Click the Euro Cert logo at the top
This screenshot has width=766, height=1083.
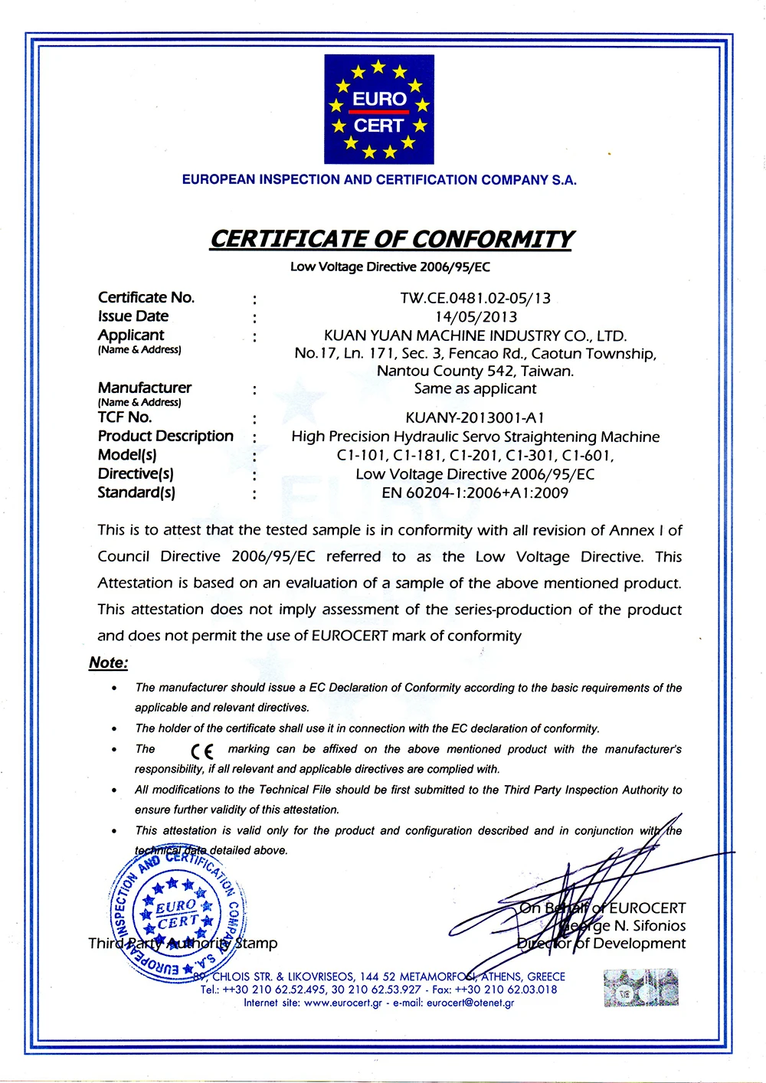point(379,110)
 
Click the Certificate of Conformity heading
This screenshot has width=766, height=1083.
point(391,239)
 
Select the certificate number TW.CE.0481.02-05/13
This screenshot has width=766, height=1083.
point(475,298)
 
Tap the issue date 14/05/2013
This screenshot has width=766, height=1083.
point(476,316)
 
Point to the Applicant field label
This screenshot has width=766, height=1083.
point(131,335)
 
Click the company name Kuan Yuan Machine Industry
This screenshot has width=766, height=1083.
point(475,335)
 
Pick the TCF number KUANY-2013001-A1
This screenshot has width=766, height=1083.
point(475,417)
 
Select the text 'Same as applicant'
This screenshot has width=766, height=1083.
point(475,388)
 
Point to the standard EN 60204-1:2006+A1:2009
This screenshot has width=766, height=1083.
point(475,492)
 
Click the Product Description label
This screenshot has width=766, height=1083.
point(165,436)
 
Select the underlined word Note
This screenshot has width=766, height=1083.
point(108,663)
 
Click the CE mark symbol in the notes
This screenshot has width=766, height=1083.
point(202,751)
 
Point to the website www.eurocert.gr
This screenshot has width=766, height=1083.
point(342,1003)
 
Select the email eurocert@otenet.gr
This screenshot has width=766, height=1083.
point(470,1003)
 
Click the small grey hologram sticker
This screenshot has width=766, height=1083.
point(640,987)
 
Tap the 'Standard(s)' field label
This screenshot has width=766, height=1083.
point(136,492)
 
